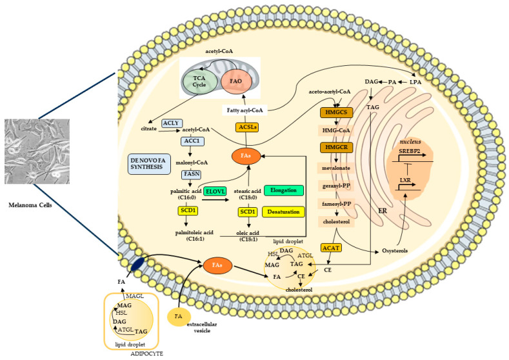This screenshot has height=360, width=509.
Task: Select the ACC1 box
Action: (x=192, y=141)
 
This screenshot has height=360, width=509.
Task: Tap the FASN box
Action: (x=192, y=174)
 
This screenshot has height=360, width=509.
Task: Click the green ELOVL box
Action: (x=215, y=192)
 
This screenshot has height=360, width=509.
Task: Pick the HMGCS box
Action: (x=336, y=112)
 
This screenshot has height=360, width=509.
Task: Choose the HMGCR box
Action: (x=336, y=147)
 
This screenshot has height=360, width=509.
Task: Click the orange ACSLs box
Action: (x=247, y=127)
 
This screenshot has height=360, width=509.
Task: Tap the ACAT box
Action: (x=332, y=248)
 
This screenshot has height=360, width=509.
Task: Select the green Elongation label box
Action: (x=284, y=190)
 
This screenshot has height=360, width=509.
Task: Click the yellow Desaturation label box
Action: (x=283, y=212)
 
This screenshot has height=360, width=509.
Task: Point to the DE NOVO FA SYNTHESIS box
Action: (x=149, y=164)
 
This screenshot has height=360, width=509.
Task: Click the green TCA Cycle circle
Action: (x=199, y=81)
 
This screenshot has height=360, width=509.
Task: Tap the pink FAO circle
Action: (x=236, y=81)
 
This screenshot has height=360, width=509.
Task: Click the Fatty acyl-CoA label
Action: (x=245, y=110)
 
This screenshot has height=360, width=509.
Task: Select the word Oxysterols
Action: (x=395, y=250)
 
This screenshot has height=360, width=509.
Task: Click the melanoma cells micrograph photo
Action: (x=37, y=151)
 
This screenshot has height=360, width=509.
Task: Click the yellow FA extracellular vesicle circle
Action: (x=179, y=317)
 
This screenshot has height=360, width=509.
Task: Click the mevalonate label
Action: (x=336, y=168)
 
